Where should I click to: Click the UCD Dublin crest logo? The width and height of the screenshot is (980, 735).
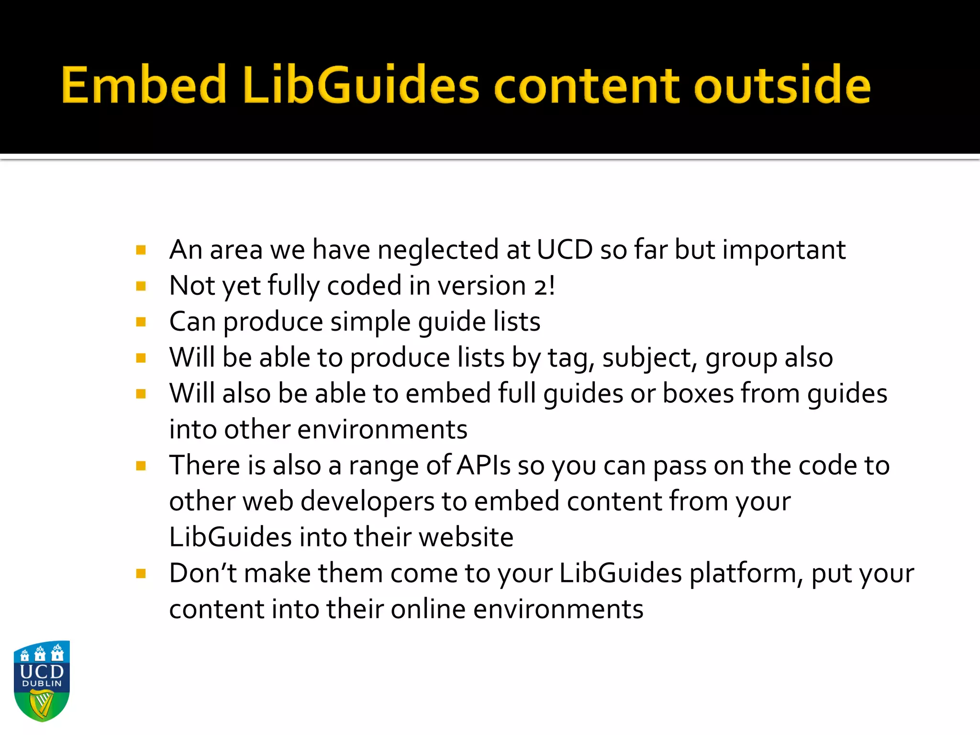pos(42,680)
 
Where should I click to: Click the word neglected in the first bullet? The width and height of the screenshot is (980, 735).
pos(438,250)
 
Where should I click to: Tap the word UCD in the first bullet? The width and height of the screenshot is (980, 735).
pos(565,250)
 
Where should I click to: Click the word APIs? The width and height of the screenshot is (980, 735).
pos(483,466)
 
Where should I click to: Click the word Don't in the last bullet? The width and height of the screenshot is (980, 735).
pos(203,573)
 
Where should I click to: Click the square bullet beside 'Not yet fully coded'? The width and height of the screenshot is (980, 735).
pos(141,286)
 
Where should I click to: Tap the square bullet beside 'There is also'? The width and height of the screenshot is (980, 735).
pos(141,466)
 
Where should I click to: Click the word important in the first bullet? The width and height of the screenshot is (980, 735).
pos(784,250)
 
